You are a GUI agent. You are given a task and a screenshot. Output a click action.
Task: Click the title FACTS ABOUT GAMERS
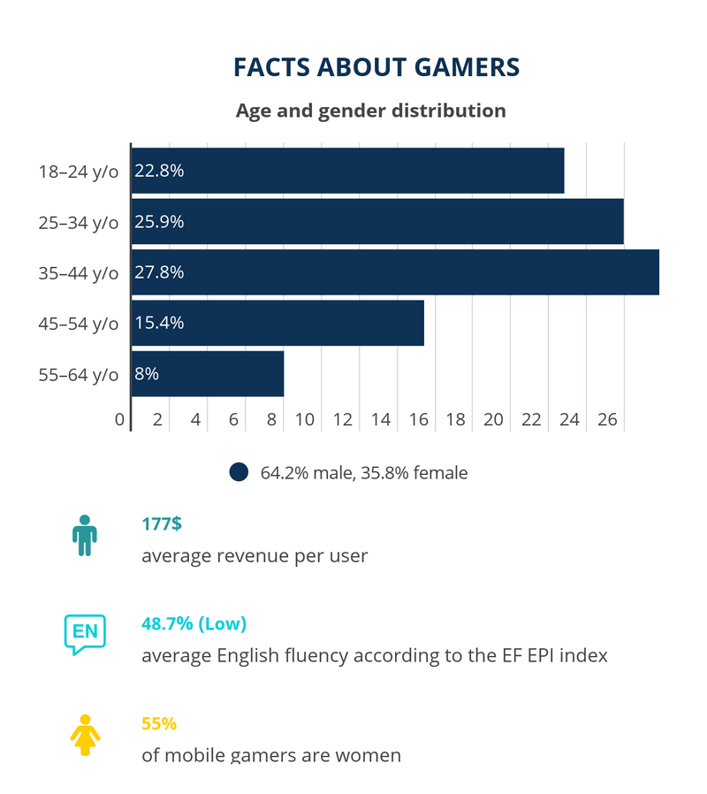(376, 67)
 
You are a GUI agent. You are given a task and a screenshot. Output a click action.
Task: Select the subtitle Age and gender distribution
(370, 111)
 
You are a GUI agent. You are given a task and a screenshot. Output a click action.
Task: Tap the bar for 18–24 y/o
(347, 171)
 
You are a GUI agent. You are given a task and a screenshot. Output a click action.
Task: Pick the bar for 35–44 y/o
(395, 272)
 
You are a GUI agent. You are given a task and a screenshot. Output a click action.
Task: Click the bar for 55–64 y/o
(208, 374)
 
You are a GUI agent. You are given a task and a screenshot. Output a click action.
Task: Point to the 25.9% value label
(159, 222)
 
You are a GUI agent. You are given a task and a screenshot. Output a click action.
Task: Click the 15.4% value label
(159, 324)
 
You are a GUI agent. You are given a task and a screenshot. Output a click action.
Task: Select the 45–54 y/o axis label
(78, 324)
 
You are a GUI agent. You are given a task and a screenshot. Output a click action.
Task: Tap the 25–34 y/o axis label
(78, 222)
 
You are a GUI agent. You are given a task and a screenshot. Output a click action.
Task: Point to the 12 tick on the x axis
(342, 419)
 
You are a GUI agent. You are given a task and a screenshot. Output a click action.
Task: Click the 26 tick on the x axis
(607, 419)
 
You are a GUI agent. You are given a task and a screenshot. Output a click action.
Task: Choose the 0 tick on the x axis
(120, 419)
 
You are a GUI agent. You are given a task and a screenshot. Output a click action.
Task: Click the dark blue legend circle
(239, 472)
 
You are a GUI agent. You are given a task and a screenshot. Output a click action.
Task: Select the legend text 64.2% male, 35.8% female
(364, 473)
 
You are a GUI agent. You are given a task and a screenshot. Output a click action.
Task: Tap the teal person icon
(85, 535)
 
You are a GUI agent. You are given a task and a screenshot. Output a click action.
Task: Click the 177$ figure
(162, 523)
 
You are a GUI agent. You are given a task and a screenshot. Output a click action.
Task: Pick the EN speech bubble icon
(84, 634)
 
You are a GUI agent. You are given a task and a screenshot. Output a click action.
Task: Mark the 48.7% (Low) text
(194, 623)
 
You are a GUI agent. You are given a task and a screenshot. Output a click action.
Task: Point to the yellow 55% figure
(159, 723)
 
